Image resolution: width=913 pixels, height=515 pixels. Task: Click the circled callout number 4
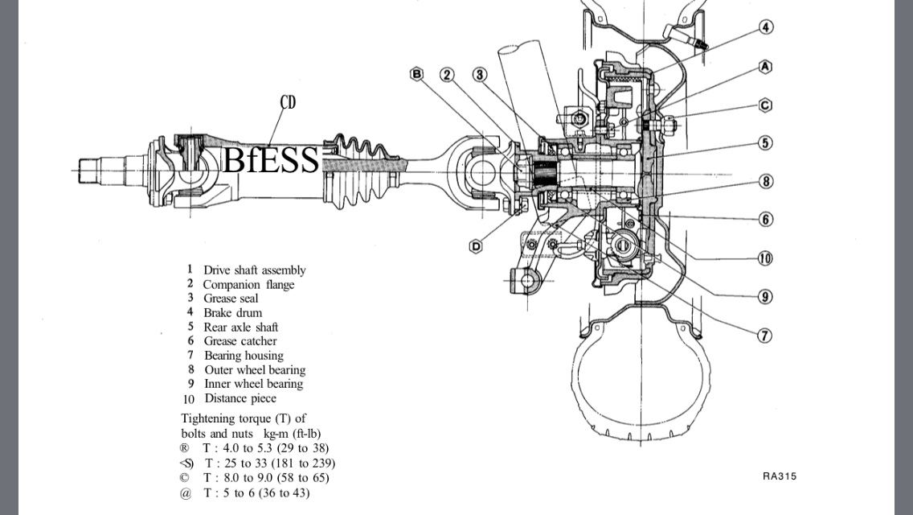[766, 27]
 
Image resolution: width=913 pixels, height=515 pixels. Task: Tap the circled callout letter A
[765, 67]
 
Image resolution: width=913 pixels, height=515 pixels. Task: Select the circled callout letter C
[765, 105]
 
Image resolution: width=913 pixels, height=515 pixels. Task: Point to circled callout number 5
[765, 143]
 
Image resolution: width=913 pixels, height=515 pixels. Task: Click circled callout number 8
[765, 182]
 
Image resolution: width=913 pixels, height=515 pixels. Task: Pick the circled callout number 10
[764, 258]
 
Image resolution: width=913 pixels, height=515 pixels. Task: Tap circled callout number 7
[764, 336]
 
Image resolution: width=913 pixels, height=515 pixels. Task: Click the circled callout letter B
[416, 74]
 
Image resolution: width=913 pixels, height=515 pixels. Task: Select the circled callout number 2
[447, 75]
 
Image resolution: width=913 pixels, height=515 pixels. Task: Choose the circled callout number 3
[480, 75]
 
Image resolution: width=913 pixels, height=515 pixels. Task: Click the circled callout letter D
[475, 246]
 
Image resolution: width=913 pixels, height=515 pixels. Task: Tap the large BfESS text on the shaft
[270, 160]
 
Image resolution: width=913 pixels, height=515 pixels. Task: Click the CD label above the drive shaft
[288, 102]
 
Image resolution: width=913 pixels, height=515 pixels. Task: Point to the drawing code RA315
[779, 476]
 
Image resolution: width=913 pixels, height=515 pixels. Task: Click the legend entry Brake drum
[232, 313]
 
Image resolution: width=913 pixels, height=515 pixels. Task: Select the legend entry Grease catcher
[240, 341]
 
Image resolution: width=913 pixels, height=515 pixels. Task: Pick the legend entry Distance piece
[240, 398]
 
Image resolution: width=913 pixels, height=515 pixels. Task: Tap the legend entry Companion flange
[248, 285]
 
